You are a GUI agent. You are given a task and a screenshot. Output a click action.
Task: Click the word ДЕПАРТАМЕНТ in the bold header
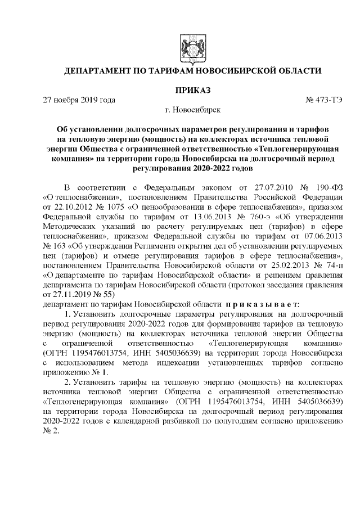(x=99, y=71)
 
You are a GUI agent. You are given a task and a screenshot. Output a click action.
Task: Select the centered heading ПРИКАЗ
(x=186, y=90)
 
